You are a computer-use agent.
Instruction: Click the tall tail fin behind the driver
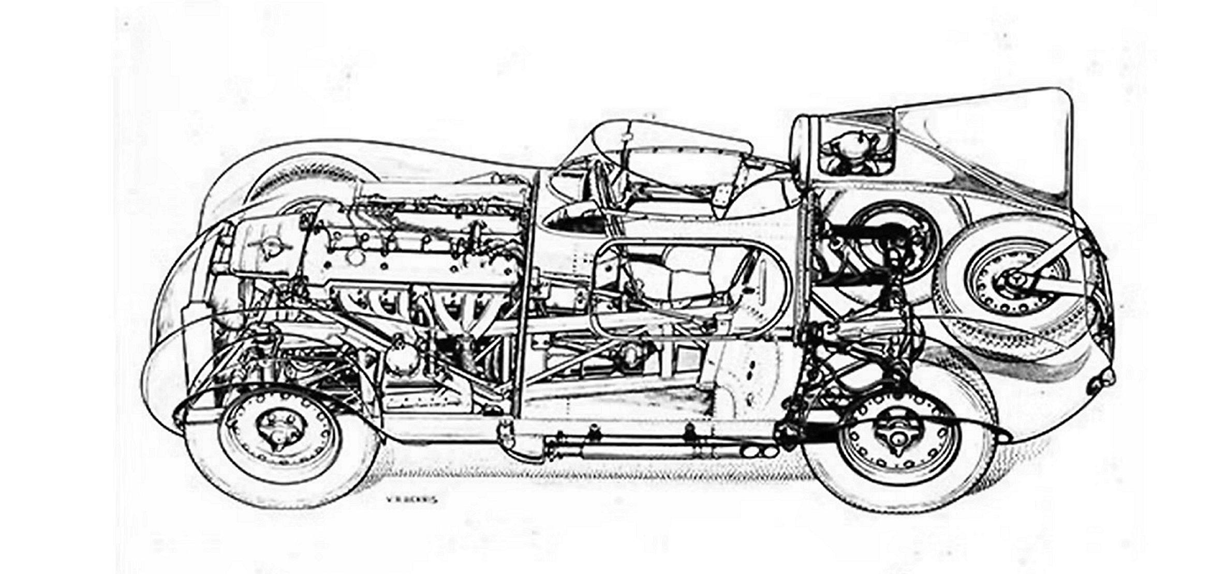point(983,140)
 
